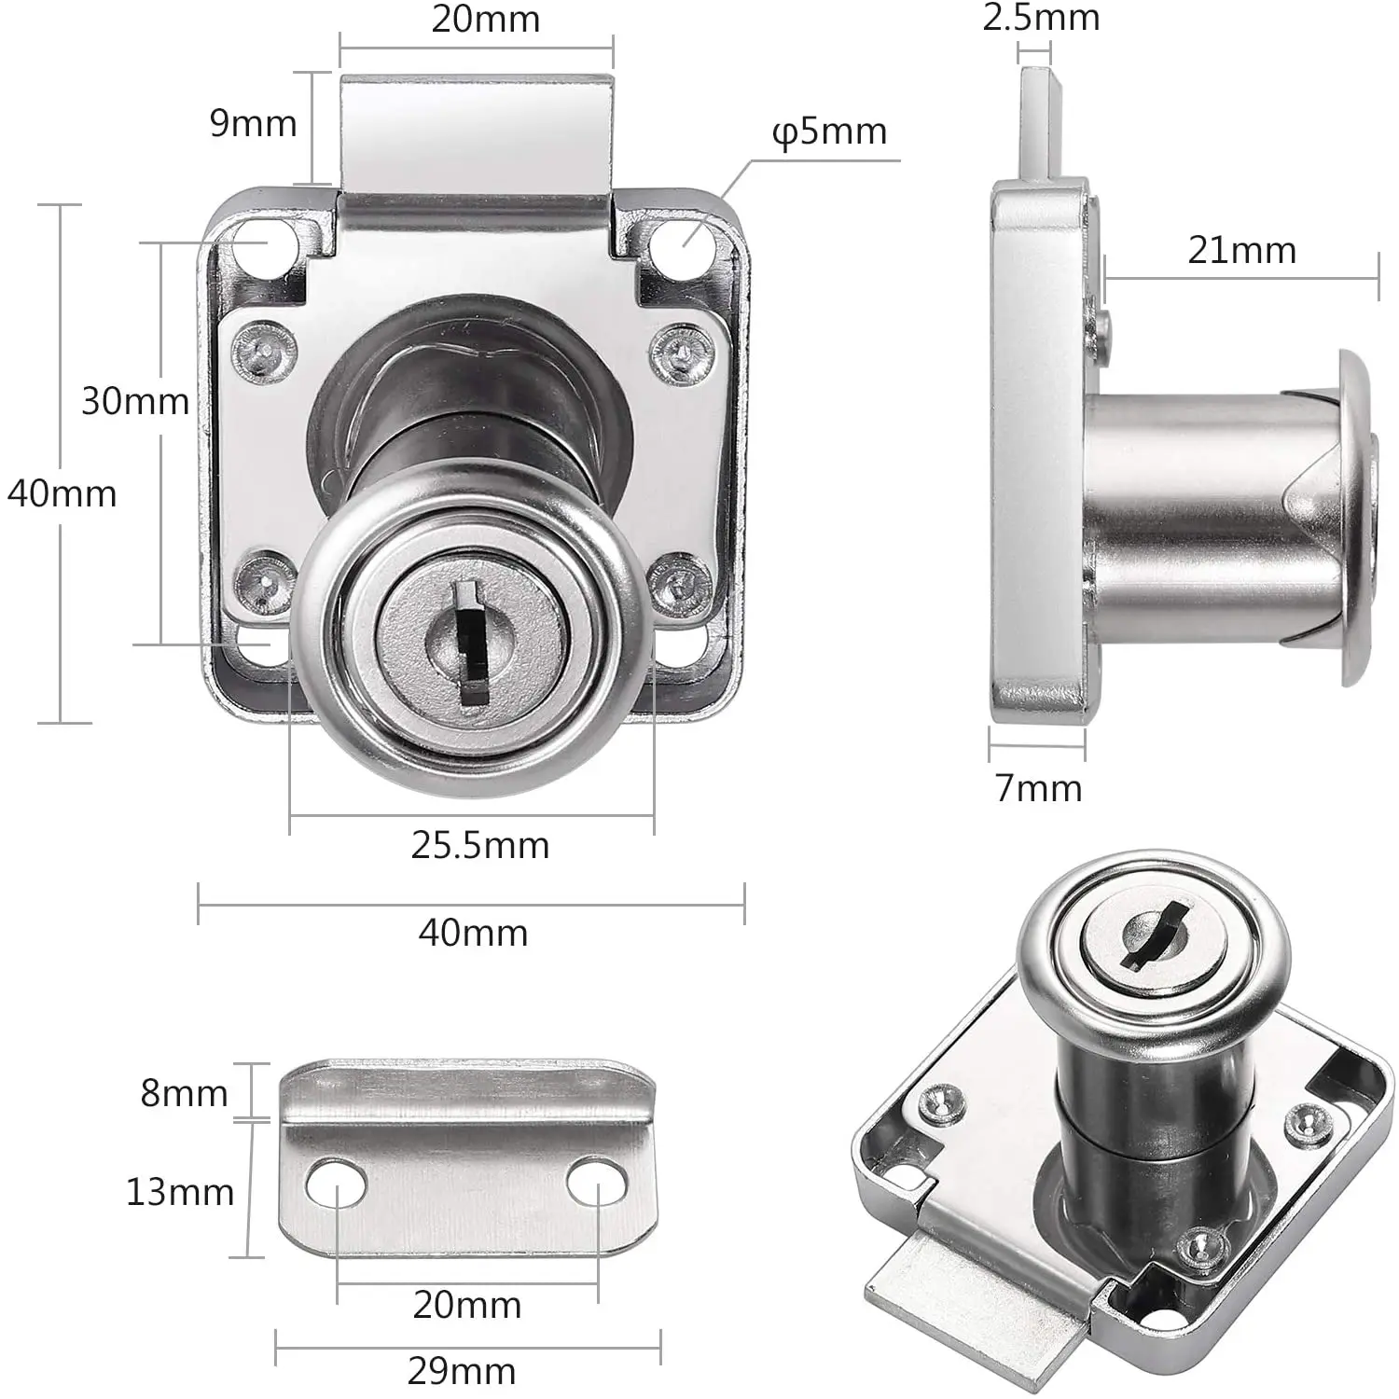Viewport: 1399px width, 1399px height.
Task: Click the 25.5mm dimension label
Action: (479, 845)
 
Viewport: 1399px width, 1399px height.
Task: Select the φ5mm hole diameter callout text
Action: (829, 132)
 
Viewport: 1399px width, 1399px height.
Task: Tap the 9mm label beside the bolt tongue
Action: (253, 123)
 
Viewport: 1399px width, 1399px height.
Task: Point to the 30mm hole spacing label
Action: (135, 401)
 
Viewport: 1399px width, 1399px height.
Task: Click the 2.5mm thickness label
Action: (1041, 18)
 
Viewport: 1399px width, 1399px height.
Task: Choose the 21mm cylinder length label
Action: (1241, 250)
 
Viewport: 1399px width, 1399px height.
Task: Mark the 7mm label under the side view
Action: (1038, 789)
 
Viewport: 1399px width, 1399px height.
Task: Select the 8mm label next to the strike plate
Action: (184, 1092)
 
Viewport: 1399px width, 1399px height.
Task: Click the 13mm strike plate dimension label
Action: (180, 1192)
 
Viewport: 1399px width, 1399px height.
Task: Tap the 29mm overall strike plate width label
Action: (462, 1371)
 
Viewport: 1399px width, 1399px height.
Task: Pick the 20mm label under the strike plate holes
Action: (466, 1305)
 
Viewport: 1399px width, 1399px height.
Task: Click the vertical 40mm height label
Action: (62, 493)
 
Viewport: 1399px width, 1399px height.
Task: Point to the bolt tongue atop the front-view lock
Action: (476, 131)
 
